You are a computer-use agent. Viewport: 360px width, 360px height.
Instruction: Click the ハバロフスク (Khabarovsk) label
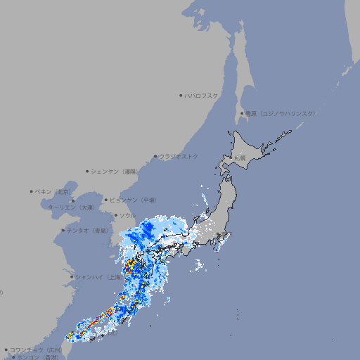pyautogui.click(x=202, y=95)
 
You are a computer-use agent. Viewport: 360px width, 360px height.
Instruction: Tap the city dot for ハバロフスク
pyautogui.click(x=181, y=95)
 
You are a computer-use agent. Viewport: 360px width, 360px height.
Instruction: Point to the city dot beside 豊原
pyautogui.click(x=242, y=113)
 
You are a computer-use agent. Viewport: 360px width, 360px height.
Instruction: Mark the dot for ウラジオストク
pyautogui.click(x=155, y=156)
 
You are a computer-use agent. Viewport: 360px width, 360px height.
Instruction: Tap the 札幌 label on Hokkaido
pyautogui.click(x=240, y=158)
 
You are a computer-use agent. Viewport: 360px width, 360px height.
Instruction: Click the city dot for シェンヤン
pyautogui.click(x=87, y=171)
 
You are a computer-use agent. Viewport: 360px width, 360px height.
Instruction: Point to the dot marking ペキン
pyautogui.click(x=32, y=191)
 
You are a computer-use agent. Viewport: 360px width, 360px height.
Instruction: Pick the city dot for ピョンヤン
pyautogui.click(x=107, y=200)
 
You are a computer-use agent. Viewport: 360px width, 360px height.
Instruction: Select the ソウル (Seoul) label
pyautogui.click(x=127, y=215)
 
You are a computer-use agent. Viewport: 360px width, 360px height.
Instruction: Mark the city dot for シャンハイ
pyautogui.click(x=72, y=277)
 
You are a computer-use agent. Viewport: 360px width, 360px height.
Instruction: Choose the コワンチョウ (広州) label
pyautogui.click(x=36, y=349)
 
